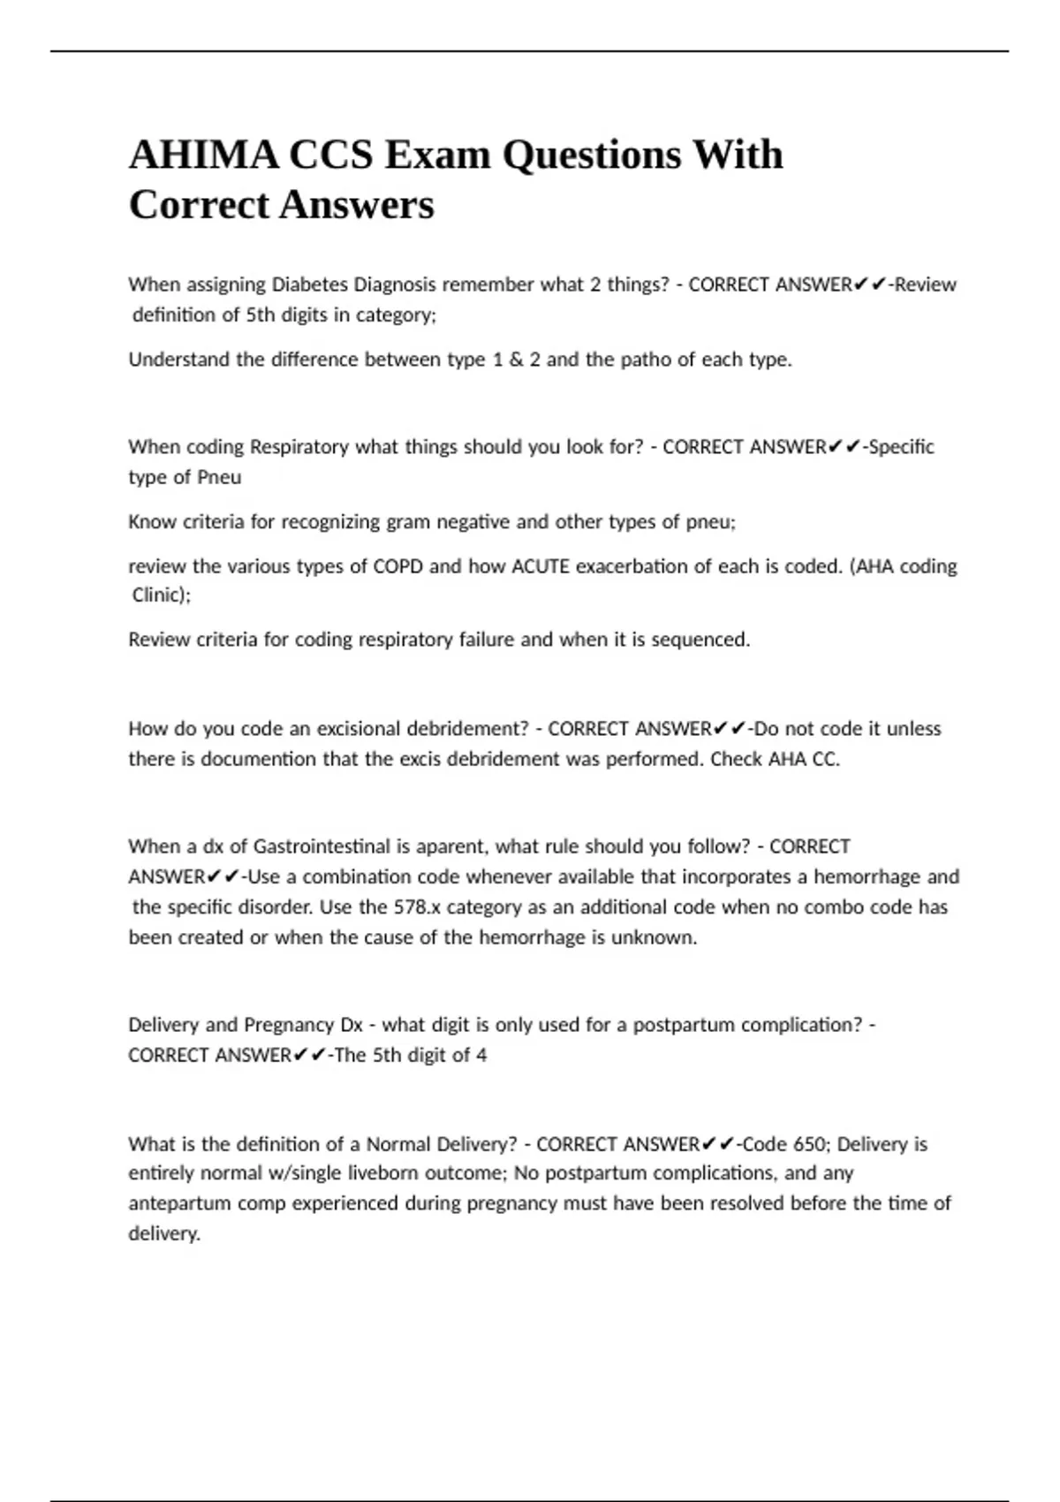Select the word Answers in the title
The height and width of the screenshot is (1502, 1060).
pyautogui.click(x=357, y=206)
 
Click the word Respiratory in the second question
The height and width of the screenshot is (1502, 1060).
pyautogui.click(x=299, y=447)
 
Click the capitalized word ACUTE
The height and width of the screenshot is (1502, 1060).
pyautogui.click(x=541, y=566)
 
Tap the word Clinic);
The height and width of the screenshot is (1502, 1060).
pyautogui.click(x=162, y=595)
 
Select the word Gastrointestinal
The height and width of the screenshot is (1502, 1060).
pyautogui.click(x=322, y=846)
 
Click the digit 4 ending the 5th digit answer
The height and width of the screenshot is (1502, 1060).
pyautogui.click(x=481, y=1055)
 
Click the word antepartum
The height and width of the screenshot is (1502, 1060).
pyautogui.click(x=172, y=1203)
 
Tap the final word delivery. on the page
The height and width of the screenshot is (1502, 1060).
pyautogui.click(x=164, y=1233)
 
